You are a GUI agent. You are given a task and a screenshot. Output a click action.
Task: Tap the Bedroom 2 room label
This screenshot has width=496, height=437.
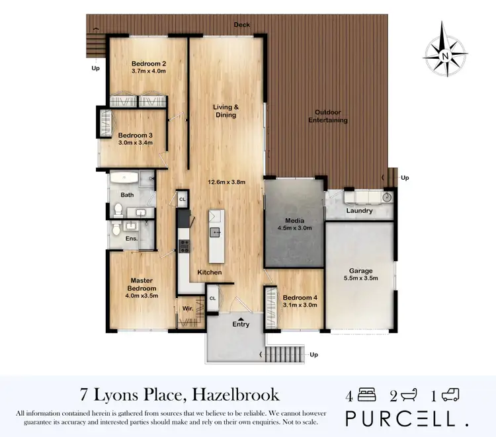click(x=148, y=63)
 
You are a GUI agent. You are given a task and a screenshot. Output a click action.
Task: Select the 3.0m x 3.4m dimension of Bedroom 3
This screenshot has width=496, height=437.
click(x=136, y=142)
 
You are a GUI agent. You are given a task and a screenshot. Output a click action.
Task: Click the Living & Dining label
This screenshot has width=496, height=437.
click(x=225, y=111)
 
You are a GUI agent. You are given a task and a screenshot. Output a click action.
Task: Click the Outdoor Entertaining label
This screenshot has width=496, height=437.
click(x=331, y=116)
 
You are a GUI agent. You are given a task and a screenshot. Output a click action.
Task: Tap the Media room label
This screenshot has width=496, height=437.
click(x=294, y=221)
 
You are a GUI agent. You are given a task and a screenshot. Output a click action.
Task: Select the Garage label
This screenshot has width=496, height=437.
click(x=361, y=271)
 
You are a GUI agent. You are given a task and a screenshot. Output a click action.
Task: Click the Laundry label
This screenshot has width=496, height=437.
click(x=359, y=211)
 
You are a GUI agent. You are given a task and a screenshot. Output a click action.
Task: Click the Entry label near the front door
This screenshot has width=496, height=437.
click(x=241, y=324)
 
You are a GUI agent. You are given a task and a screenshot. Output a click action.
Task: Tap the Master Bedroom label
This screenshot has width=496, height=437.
click(x=141, y=284)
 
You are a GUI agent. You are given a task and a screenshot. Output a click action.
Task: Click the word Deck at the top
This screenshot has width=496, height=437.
click(x=241, y=25)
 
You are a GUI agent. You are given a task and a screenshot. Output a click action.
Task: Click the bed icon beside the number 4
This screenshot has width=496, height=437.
click(x=366, y=395)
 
